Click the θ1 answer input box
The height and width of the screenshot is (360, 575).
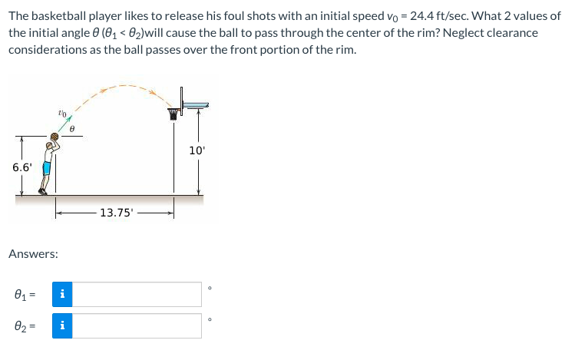point(137,294)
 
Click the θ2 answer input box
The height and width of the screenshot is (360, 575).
point(137,325)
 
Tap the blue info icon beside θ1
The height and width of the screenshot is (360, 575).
point(62,294)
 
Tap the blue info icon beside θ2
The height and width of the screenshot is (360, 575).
point(62,325)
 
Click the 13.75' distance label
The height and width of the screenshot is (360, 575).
point(115,213)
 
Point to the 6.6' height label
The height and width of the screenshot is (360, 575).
point(21,166)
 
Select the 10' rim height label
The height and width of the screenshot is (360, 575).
point(197,150)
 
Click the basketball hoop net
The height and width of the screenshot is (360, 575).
point(173,114)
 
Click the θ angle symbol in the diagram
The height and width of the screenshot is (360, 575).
point(71,130)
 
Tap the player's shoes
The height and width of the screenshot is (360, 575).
point(42,192)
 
